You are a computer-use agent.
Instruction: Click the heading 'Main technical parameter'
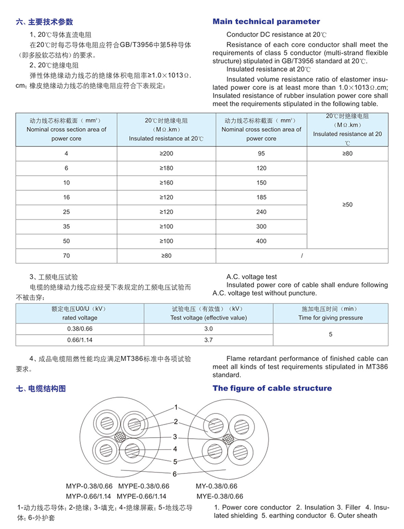(266, 22)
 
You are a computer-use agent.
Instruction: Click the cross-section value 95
(261, 153)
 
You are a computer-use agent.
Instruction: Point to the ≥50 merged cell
(347, 204)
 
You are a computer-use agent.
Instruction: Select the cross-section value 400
(261, 241)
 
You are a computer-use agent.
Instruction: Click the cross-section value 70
(66, 256)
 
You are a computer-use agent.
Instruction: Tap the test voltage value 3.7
(209, 341)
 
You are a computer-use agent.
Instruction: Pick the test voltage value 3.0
(209, 329)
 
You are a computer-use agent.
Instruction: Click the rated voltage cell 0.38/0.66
(80, 329)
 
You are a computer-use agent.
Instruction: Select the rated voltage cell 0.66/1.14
(80, 341)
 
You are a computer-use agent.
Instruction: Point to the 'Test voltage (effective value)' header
(209, 318)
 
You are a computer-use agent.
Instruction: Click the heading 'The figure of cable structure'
(272, 388)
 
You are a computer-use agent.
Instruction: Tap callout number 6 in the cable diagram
(175, 474)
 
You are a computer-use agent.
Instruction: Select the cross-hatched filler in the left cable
(120, 437)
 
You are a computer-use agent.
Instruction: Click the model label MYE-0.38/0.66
(219, 496)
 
